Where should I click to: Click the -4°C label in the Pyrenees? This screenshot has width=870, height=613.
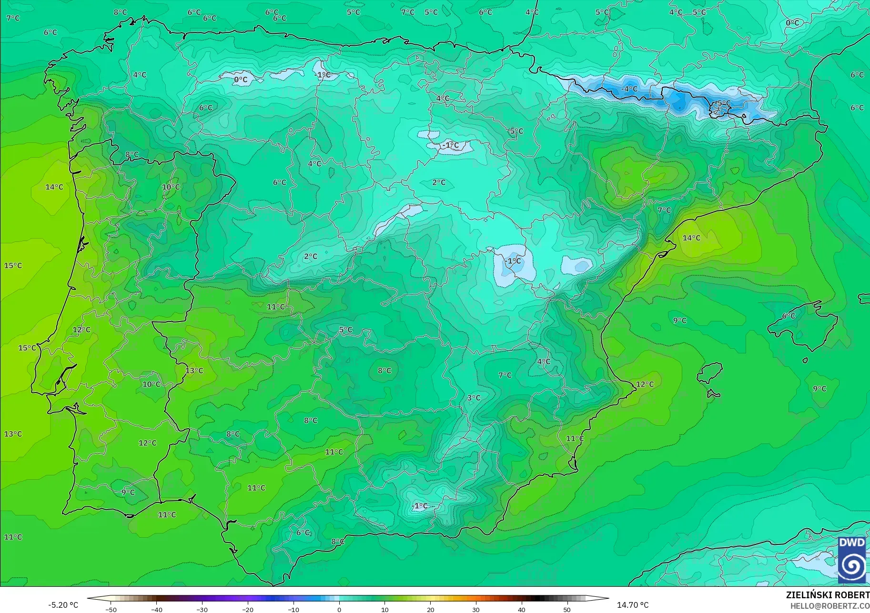[629, 89]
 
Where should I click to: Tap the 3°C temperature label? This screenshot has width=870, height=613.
[474, 398]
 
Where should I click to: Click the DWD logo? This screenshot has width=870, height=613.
[852, 560]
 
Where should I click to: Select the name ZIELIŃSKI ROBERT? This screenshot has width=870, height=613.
[828, 595]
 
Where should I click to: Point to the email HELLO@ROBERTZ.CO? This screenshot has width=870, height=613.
[830, 606]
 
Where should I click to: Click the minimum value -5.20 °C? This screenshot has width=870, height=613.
[63, 605]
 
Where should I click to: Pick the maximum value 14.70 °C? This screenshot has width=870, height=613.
[633, 605]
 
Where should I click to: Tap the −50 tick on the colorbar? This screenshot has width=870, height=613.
[111, 609]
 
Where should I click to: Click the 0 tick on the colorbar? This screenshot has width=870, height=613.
[339, 609]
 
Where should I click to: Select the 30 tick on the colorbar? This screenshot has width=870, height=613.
[476, 609]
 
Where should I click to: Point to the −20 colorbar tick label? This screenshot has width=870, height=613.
[248, 609]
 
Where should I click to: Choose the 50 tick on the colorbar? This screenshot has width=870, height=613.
[567, 609]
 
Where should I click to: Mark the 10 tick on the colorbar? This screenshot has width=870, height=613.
[385, 609]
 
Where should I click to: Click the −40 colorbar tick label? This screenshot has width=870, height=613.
[156, 609]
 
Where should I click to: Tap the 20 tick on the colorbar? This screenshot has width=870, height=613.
[431, 609]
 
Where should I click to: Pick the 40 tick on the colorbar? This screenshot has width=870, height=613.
[522, 609]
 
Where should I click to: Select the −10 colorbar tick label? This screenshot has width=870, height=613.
[293, 609]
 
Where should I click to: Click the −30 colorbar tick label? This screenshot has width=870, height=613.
[202, 609]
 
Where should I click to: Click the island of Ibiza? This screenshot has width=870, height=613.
[710, 373]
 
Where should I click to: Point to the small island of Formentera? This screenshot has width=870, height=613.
[713, 394]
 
